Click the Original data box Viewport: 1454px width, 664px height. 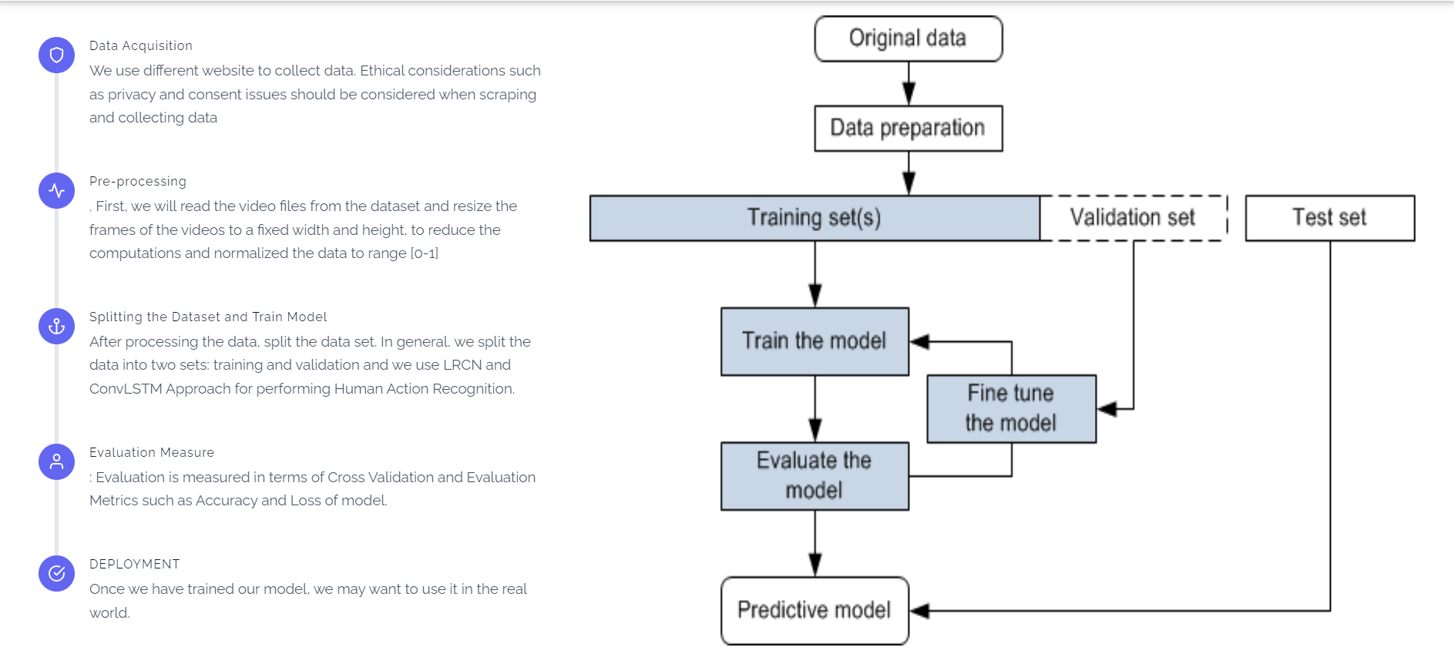click(908, 39)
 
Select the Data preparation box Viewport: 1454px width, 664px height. click(908, 128)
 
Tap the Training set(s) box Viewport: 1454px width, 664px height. click(814, 218)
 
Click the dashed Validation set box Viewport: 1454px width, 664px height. click(1133, 218)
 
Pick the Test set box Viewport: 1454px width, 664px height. click(1329, 218)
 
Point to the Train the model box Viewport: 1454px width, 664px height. click(814, 341)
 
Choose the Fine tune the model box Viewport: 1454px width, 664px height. click(1011, 408)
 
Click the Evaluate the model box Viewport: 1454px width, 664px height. click(814, 475)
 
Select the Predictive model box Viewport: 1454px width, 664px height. click(814, 610)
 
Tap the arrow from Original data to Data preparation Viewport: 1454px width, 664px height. click(908, 83)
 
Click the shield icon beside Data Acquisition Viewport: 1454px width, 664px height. click(56, 55)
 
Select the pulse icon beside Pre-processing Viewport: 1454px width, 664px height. click(56, 190)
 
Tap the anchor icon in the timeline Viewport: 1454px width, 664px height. click(56, 326)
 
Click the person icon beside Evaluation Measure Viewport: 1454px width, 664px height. click(56, 461)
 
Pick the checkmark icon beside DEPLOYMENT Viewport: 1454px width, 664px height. click(56, 573)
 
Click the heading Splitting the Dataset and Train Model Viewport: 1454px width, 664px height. click(208, 317)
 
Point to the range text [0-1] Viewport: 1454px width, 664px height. click(424, 253)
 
